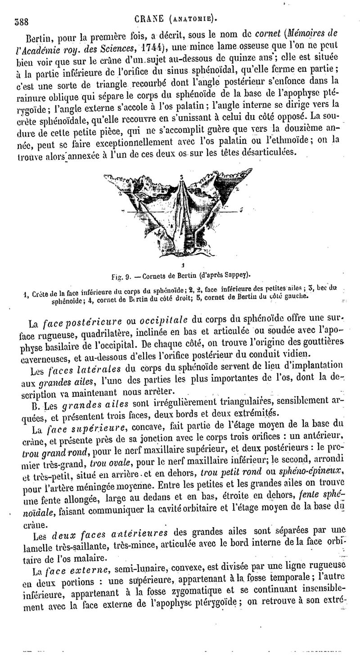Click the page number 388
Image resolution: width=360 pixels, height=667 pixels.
[22, 21]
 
